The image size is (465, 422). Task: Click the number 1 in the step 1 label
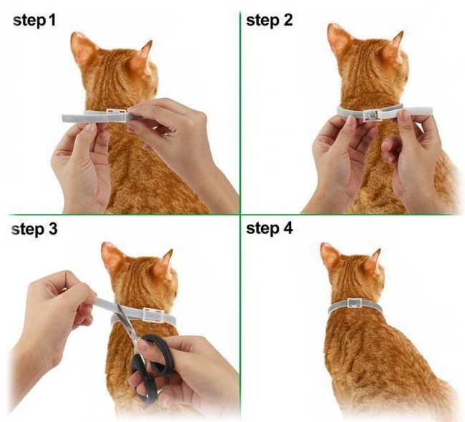coord(52,21)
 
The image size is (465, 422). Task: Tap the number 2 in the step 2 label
coord(287,20)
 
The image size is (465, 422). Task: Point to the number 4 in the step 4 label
coord(288,228)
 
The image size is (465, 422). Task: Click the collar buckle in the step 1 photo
coord(117,115)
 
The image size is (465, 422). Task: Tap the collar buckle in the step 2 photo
coord(371,114)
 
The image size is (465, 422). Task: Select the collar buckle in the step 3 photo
coord(152,315)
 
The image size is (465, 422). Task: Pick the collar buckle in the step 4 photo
coord(354,303)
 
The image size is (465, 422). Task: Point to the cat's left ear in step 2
coord(339,39)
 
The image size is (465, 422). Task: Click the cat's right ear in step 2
coord(394,47)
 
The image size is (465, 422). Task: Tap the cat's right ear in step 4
coord(373,261)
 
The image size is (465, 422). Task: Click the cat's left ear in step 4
coord(330,256)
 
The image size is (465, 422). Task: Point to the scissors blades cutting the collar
coord(124,320)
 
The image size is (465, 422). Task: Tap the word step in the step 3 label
coord(27,229)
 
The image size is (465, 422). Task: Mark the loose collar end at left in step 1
coord(74,118)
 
